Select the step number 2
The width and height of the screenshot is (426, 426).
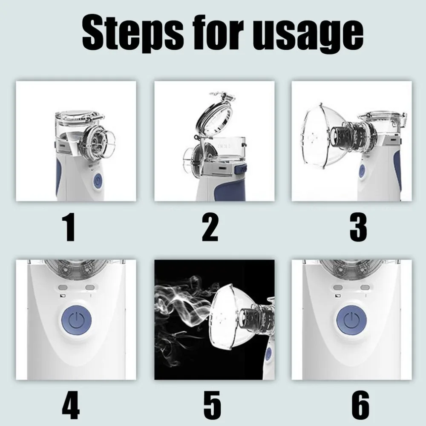click(x=210, y=228)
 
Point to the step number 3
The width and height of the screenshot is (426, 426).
click(x=358, y=228)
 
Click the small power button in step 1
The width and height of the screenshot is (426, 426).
click(x=98, y=181)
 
